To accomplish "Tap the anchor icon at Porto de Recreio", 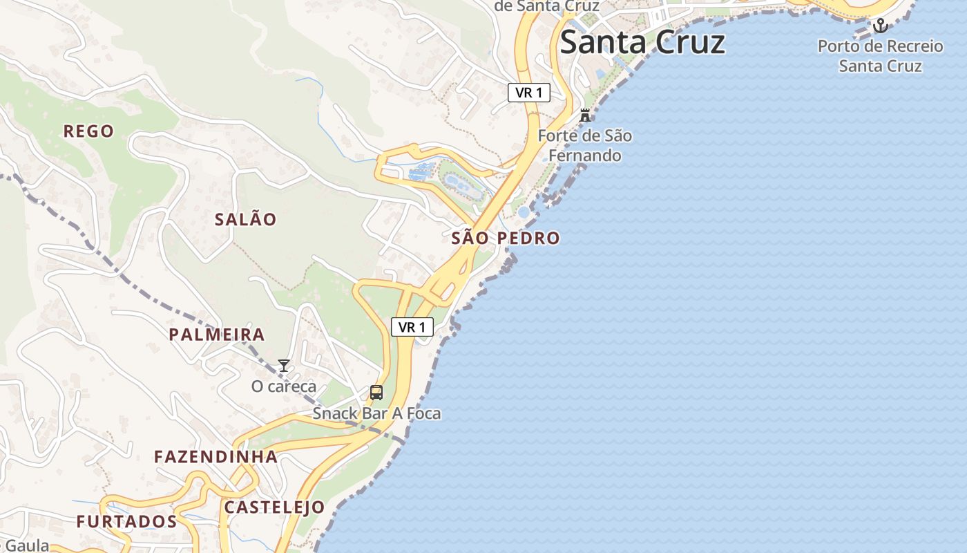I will coord(880,26).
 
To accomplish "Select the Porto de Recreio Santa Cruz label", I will coord(880,56).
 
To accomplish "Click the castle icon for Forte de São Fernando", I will coord(585,115).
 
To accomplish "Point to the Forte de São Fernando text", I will coord(584,146).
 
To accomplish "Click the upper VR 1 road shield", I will coord(528,93).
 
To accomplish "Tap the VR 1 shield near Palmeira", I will coord(412,327).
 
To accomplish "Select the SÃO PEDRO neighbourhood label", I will coord(505,238).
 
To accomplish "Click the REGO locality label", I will coord(88,131).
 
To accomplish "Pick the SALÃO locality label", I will coord(245,220).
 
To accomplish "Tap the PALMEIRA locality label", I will coord(217,335).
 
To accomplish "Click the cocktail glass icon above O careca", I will coord(283,366).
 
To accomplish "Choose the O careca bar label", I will coord(283,386).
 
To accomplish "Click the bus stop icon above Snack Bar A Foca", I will coord(376,393).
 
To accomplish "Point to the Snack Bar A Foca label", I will coord(376,413).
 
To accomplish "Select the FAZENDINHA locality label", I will coord(216,457).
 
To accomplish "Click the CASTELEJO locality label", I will coord(274,507).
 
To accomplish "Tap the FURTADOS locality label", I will coord(126,522).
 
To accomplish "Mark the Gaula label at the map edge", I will coord(26,546).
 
